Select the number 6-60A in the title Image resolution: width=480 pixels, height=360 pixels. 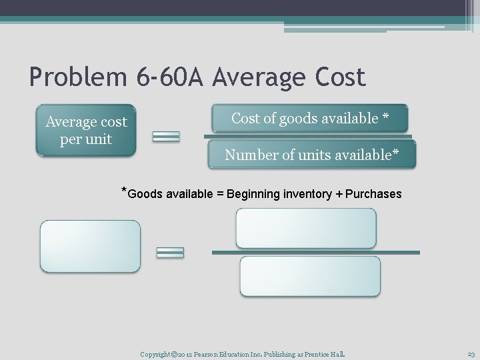[x=165, y=78]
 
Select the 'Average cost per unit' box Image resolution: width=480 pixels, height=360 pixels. [x=86, y=131]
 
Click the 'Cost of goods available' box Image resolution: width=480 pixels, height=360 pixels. [x=310, y=119]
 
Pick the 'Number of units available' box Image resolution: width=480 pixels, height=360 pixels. [x=311, y=155]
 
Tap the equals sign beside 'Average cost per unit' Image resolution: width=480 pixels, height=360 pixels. [x=166, y=137]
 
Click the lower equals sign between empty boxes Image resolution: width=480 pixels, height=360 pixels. [x=170, y=252]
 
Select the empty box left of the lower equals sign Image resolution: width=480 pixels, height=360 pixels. [x=91, y=246]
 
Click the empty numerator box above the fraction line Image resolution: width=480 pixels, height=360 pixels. [x=306, y=228]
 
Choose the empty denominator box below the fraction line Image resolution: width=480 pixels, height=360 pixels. [x=310, y=276]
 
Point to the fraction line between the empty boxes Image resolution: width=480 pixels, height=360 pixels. [x=315, y=253]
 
